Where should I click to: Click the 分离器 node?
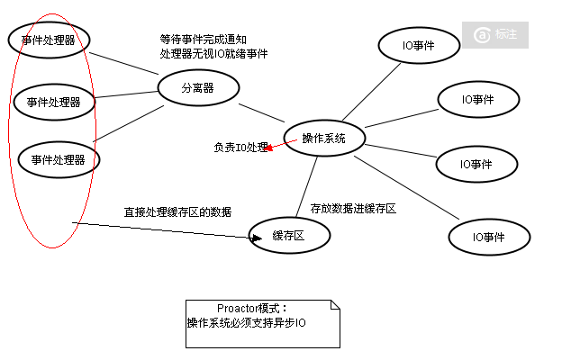tap(198, 88)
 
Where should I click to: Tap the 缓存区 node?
tap(289, 236)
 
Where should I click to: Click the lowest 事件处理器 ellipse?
tap(59, 160)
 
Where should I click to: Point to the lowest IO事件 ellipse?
tap(489, 237)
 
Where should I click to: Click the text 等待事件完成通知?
tap(203, 40)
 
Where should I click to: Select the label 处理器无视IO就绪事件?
tap(213, 54)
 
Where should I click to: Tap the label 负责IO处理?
tap(240, 147)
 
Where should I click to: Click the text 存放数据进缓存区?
tap(353, 208)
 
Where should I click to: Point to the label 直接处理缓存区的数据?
tap(177, 212)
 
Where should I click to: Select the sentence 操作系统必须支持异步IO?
tap(247, 322)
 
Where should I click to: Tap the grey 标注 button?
tap(501, 34)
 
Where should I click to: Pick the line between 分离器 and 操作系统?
tap(261, 112)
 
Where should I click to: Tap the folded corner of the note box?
tap(335, 306)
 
